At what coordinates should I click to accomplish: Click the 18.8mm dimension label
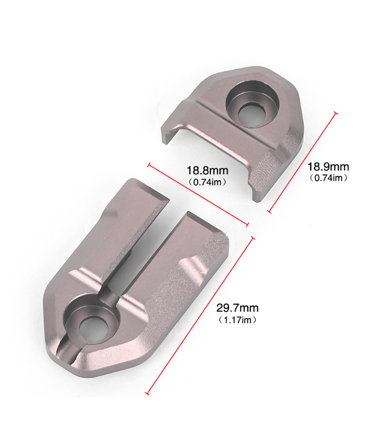pos(207,171)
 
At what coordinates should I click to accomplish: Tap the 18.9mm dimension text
pos(328,167)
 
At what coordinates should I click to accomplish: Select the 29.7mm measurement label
pos(237,308)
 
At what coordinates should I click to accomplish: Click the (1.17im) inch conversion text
pos(237,320)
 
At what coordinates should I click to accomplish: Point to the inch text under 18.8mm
pos(207,182)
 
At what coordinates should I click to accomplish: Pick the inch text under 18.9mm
pos(328,178)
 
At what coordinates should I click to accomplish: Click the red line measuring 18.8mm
pos(198,194)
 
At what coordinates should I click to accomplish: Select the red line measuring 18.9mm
pos(302,162)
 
